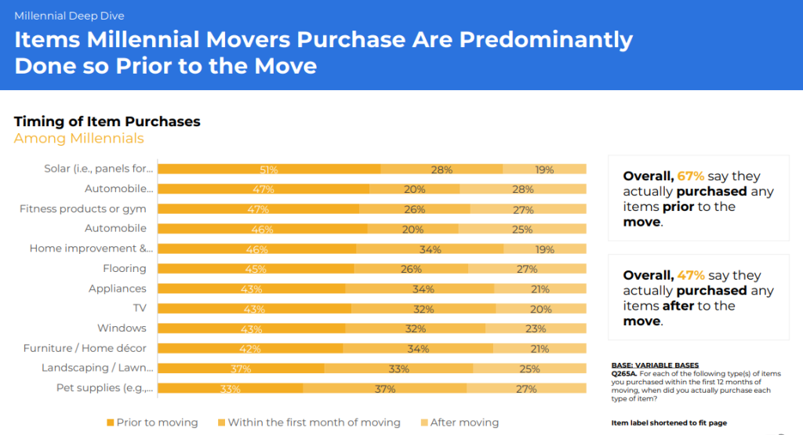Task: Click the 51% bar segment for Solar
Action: (x=269, y=169)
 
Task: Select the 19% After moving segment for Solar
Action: (x=544, y=169)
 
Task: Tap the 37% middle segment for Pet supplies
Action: (x=384, y=388)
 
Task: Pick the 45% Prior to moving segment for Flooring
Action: (x=256, y=269)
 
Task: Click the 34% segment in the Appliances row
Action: (x=420, y=288)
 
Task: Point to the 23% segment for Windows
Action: (x=536, y=328)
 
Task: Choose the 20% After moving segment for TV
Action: (x=541, y=309)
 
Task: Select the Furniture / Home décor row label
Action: (x=85, y=348)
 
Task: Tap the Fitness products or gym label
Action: (x=82, y=208)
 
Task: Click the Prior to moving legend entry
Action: (x=152, y=422)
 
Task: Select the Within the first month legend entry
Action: (x=309, y=422)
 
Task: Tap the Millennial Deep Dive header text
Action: (x=69, y=16)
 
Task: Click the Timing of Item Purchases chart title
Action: (x=107, y=121)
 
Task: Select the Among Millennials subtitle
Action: (x=79, y=139)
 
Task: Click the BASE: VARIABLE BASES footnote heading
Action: (x=655, y=365)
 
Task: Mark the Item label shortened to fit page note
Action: (x=669, y=423)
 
